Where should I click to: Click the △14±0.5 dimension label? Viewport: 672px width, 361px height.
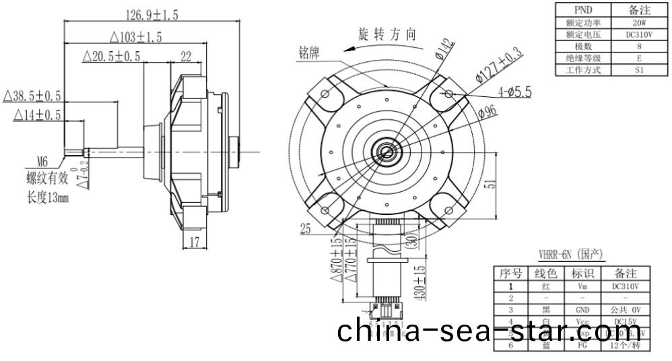(37, 115)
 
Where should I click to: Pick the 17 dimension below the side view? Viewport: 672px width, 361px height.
(194, 243)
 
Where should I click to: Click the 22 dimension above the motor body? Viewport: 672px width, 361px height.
(186, 57)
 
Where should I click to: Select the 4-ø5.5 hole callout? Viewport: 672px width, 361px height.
(514, 90)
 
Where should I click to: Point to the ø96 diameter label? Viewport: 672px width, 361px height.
(487, 112)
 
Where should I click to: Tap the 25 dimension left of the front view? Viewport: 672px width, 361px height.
(306, 230)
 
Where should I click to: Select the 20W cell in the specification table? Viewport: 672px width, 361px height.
(630, 22)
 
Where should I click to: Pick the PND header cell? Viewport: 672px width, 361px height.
(582, 10)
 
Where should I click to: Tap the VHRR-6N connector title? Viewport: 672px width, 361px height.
(571, 255)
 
